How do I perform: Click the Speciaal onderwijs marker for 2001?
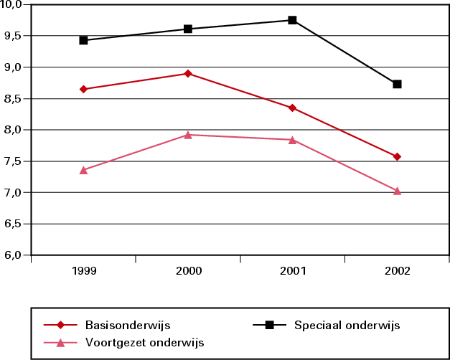coord(292,20)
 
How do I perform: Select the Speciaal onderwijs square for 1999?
coord(83,40)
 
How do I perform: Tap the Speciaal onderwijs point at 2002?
coord(397,84)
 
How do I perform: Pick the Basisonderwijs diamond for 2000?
coord(188,73)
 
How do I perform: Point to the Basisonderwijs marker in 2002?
coord(397,156)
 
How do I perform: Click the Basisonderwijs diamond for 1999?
coord(83,89)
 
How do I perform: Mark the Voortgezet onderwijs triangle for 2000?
coord(188,134)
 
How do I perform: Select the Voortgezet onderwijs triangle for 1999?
coord(83,170)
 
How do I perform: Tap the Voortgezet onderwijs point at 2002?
coord(397,191)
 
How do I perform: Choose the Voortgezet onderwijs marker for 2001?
coord(292,139)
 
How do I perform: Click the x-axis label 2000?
coord(188,272)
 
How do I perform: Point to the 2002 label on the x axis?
coord(397,272)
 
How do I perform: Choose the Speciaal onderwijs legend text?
coord(347,325)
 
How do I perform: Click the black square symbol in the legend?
coord(269,325)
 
